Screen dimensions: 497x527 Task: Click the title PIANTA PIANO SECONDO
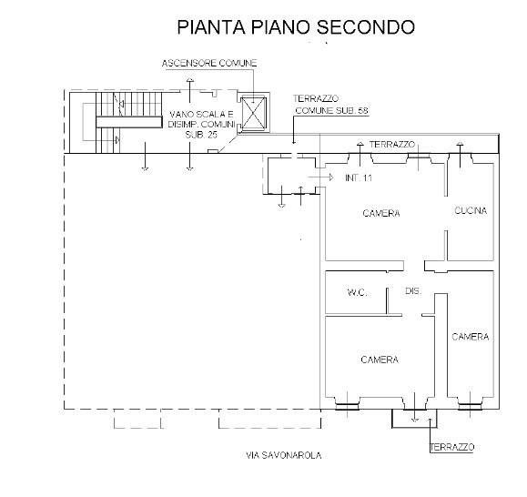point(296,27)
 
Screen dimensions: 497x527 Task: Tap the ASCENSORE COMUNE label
point(209,63)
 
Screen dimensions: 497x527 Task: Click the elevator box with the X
point(254,114)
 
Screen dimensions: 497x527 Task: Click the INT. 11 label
point(359,177)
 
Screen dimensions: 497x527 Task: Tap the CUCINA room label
point(471,210)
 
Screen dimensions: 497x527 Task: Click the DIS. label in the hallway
point(412,291)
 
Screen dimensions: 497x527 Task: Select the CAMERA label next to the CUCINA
point(380,214)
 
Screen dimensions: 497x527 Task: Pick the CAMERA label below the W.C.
point(379,360)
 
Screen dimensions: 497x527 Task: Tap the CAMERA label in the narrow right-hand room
point(471,337)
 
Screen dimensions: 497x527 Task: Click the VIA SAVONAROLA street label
point(284,455)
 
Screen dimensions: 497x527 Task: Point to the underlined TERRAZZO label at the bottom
point(452,447)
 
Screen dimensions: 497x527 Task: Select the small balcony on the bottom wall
point(414,417)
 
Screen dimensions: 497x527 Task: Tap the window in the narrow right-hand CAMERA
point(470,404)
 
